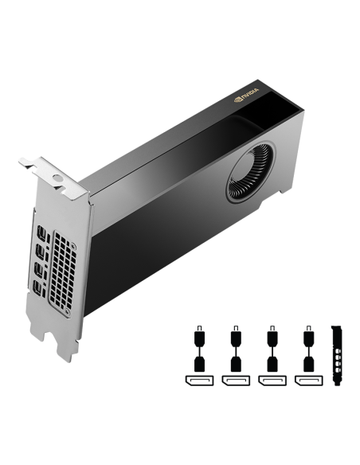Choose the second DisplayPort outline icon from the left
(x=236, y=382)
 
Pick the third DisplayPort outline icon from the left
(x=272, y=382)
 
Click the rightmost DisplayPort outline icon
(x=308, y=382)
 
